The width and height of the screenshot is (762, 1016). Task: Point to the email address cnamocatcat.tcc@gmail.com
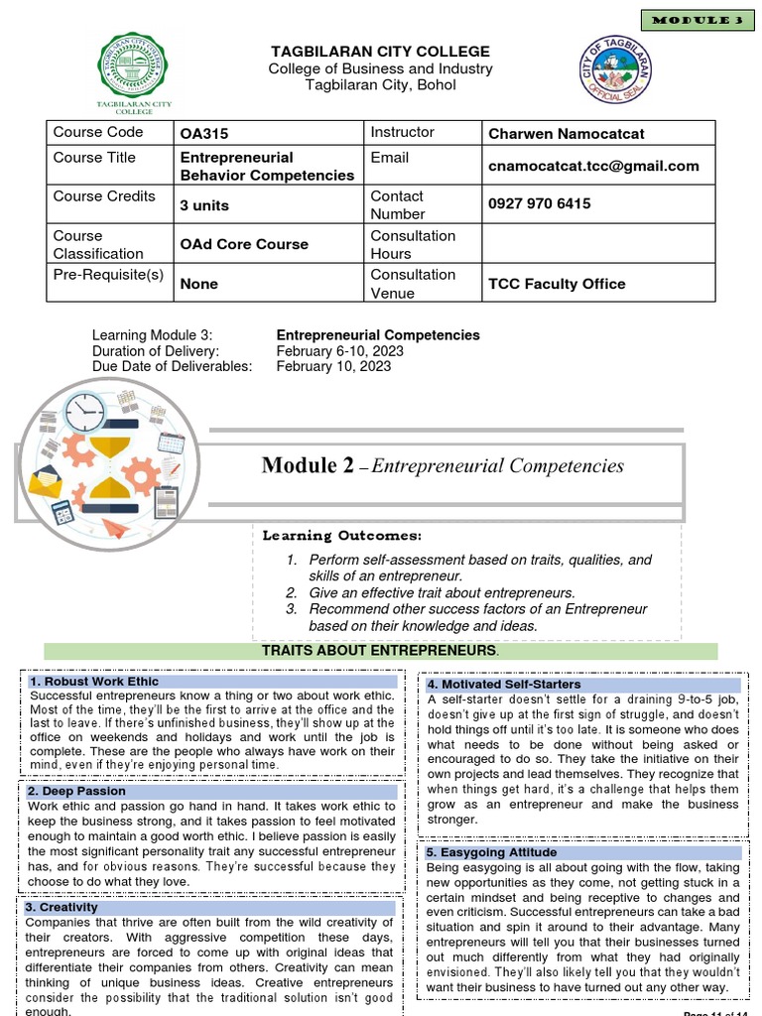[593, 166]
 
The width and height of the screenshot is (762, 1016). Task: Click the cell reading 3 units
[204, 204]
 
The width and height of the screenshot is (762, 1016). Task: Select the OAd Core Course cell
[244, 244]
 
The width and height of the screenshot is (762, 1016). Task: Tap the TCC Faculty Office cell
[557, 284]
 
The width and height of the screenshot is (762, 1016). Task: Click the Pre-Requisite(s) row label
[109, 275]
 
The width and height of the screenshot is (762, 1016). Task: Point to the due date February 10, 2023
[333, 366]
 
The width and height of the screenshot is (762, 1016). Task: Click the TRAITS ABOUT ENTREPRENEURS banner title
[380, 650]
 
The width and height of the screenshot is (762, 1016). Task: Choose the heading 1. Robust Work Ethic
[94, 682]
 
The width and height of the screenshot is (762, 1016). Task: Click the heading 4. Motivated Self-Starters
[504, 685]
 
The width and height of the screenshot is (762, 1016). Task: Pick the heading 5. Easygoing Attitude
[491, 852]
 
